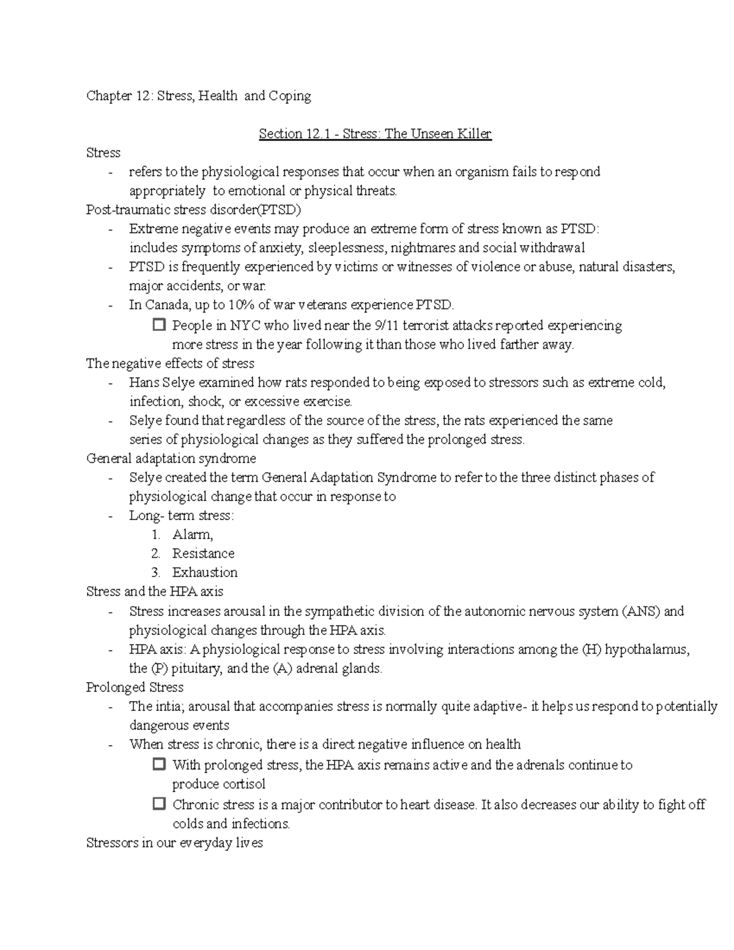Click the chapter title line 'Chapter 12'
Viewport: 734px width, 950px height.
click(198, 95)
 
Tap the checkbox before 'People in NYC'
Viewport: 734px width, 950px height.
click(159, 325)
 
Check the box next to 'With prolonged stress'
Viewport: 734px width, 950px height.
click(159, 764)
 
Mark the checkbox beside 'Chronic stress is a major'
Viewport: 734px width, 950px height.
click(159, 804)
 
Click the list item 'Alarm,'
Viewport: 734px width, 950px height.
click(193, 535)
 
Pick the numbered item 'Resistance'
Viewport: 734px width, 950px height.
click(203, 554)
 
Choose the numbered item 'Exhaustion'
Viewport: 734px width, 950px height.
click(205, 573)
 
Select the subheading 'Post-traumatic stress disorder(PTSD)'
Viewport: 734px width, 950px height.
click(194, 210)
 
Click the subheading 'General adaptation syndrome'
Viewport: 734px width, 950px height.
click(171, 458)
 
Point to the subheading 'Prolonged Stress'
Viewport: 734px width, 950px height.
click(135, 687)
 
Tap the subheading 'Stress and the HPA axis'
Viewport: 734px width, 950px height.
click(155, 592)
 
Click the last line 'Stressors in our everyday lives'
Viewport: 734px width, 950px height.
click(174, 843)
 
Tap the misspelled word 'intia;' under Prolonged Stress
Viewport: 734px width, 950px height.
click(168, 707)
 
